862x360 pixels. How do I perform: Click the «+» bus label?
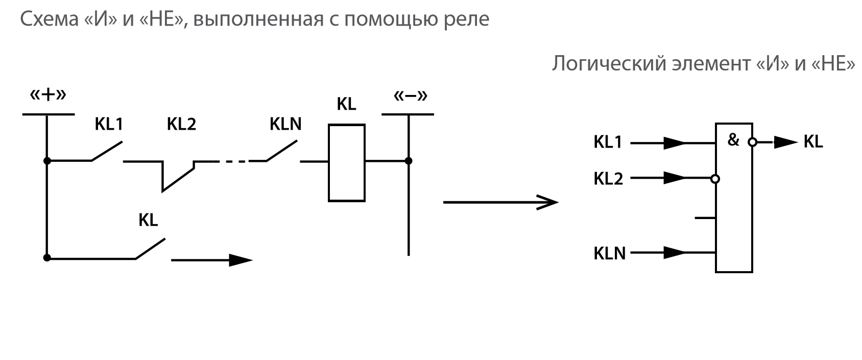pos(48,96)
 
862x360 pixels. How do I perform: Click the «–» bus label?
pos(411,96)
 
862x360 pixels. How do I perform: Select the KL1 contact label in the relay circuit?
pos(109,125)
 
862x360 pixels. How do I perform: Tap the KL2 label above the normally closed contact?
pos(181,125)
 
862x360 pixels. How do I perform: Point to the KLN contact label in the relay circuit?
pos(285,125)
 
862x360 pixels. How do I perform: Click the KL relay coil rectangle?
pos(347,162)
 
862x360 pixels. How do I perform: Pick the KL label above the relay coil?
pos(346,105)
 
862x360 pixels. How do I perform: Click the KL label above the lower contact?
pos(148,221)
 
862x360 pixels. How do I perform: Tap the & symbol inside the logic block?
pos(733,140)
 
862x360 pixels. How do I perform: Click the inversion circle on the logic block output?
pos(752,143)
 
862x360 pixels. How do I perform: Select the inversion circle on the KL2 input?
pos(715,179)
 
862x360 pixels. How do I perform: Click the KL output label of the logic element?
pos(813,142)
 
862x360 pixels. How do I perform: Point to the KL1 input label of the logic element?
pos(608,142)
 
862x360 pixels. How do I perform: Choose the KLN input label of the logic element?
pos(609,253)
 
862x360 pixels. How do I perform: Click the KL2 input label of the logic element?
pos(608,179)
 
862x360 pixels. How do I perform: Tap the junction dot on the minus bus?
pos(409,161)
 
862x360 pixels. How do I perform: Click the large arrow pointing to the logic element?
pos(500,202)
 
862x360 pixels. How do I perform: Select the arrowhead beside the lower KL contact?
pos(240,260)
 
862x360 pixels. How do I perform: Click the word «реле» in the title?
pos(470,19)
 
